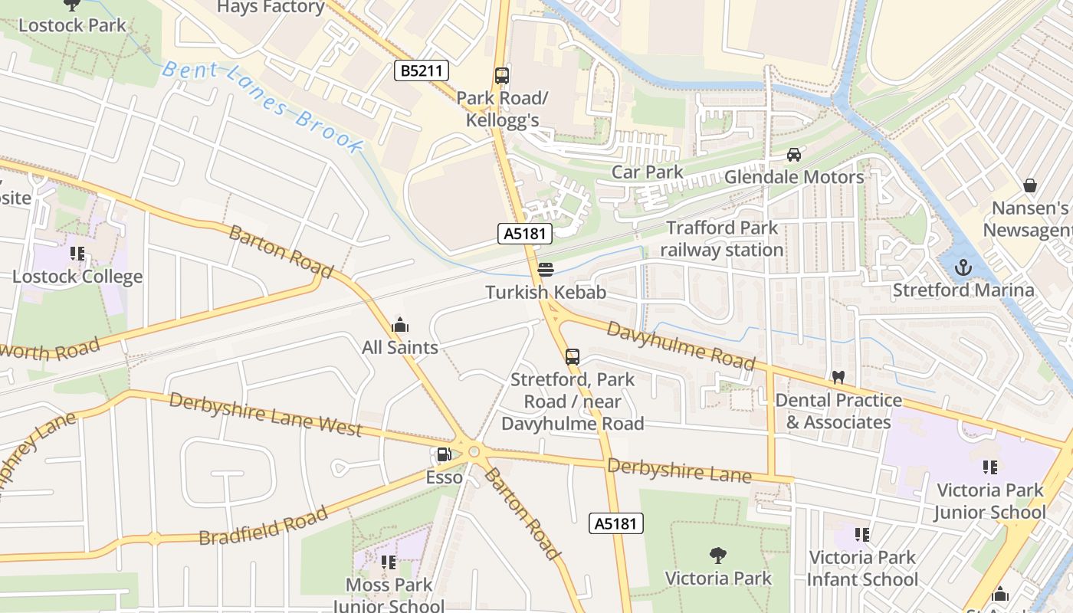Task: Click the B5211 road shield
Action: coord(422,71)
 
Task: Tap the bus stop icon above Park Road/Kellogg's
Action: coord(502,76)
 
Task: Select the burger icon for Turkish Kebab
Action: coord(546,270)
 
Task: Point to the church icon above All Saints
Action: coord(399,326)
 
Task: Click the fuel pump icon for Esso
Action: coord(444,455)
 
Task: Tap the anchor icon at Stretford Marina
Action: coord(963,267)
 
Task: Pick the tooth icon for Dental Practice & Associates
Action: coord(838,378)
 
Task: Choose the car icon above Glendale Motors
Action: coord(794,155)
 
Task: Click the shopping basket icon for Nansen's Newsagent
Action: coord(1030,185)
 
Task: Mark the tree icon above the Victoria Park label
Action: coord(718,555)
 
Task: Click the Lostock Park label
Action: coord(72,25)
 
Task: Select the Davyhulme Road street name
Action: coord(681,345)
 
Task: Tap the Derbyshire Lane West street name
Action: coord(265,415)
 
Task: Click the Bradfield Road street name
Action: coord(263,526)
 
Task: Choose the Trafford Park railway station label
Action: coord(721,239)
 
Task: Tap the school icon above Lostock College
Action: coord(77,254)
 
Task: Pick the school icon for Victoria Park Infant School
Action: coord(862,535)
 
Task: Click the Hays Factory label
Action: coord(271,8)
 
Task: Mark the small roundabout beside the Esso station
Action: coord(474,452)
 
